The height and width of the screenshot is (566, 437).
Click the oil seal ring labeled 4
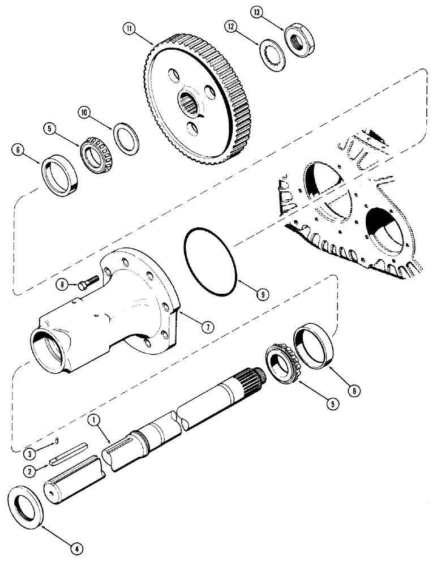[26, 502]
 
